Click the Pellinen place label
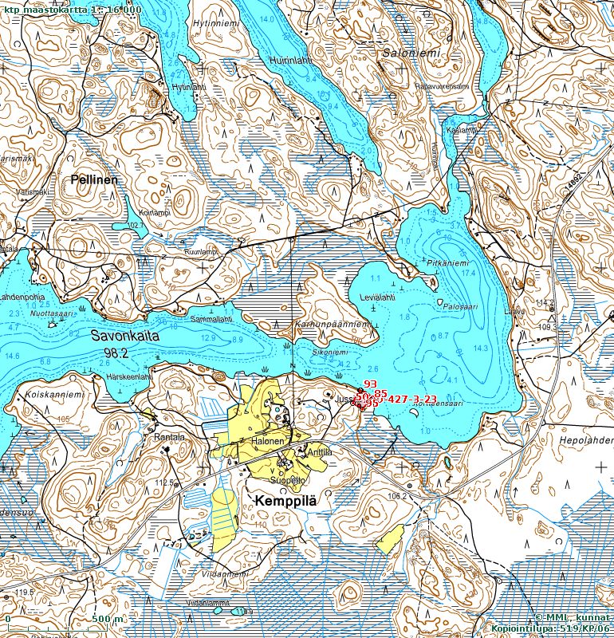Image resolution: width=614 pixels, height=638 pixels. pos(93,179)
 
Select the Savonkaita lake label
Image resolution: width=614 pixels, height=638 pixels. pos(124,337)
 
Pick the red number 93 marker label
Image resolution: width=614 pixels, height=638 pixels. pos(370,384)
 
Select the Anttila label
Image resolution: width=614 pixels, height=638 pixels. pos(319,452)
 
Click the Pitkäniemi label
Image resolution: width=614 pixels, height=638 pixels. pos(447,262)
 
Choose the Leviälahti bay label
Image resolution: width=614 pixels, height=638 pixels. pos(377,297)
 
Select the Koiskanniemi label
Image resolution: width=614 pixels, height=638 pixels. pos(54,392)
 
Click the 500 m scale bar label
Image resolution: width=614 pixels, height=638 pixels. pos(107,620)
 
